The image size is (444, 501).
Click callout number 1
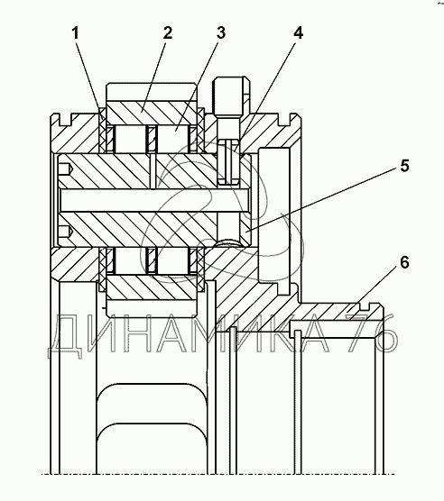pos(75,33)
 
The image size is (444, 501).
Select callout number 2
pos(167,33)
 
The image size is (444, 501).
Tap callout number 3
pos(221,33)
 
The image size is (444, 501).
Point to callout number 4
pos(298,33)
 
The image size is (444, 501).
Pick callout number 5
pos(404,166)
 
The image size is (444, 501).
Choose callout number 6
pos(404,262)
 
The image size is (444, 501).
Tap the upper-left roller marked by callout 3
pos(130,139)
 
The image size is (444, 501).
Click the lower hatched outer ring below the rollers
pos(152,287)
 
